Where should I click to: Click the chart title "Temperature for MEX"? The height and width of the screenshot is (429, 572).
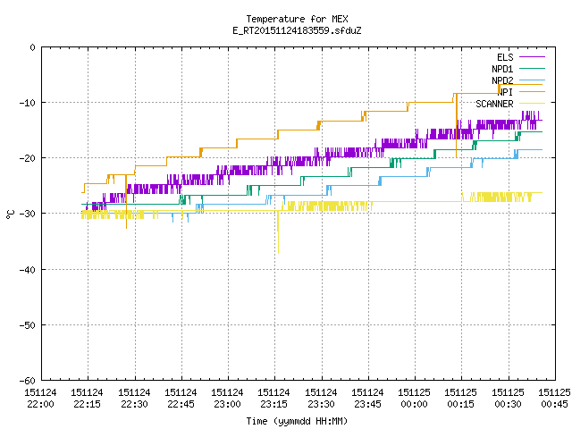297,19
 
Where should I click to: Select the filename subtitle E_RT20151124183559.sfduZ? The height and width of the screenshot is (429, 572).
297,30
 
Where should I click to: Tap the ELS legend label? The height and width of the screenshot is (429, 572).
505,57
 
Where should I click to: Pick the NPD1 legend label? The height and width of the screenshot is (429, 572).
502,69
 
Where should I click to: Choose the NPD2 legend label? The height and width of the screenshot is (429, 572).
502,80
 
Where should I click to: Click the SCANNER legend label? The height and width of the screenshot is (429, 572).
494,104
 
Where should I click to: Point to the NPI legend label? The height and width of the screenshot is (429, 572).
506,92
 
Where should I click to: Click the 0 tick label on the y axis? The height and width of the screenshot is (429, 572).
33,47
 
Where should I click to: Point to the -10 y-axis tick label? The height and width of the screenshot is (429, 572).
28,103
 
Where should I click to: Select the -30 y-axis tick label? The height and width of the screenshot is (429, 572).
28,214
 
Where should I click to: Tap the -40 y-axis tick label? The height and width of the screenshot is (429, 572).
28,270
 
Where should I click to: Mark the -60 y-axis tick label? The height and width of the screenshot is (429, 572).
28,381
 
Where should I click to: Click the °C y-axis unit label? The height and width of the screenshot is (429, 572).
10,214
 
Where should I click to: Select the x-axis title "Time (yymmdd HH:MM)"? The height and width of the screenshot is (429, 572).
297,421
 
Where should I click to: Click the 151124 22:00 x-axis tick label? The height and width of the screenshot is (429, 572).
40,399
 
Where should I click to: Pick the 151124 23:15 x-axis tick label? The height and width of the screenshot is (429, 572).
274,399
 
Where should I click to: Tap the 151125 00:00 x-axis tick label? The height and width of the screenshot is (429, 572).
414,399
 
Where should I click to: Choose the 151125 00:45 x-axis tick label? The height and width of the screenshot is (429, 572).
554,399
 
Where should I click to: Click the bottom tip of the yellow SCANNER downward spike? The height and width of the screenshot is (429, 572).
278,253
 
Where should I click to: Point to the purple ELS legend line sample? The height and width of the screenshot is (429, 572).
532,57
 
